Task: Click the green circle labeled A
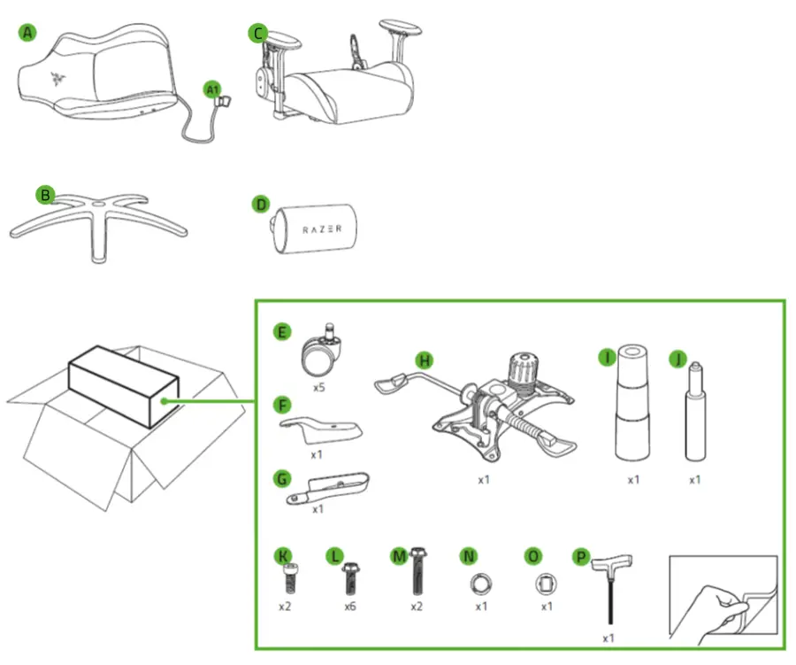(28, 33)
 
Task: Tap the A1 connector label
(211, 89)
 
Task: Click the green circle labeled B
(44, 194)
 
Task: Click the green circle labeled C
(257, 33)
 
